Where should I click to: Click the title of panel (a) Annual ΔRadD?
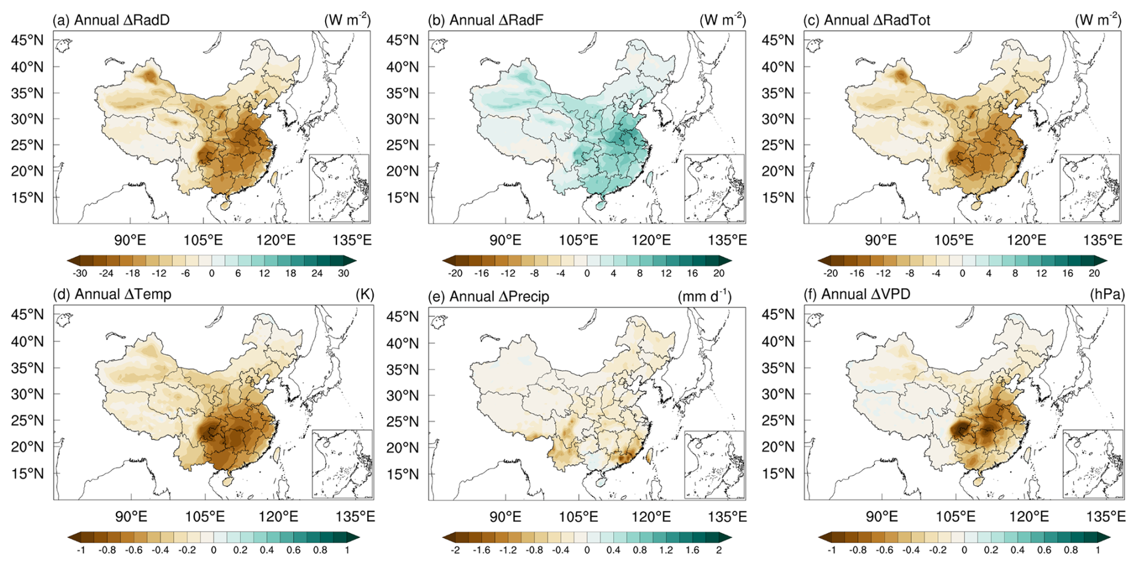tap(111, 20)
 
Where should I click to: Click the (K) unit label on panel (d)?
tap(365, 294)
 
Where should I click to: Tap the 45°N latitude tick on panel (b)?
tap(403, 40)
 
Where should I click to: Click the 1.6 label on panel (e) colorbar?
tap(692, 549)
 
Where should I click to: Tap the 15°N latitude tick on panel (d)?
tap(28, 473)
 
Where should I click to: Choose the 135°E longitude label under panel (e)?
tap(727, 516)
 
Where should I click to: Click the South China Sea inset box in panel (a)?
tap(339, 188)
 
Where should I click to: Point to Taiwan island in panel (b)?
tap(649, 178)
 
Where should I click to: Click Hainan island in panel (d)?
tap(227, 481)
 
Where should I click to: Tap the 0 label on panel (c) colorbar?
tap(962, 273)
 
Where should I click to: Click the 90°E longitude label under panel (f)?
tap(882, 516)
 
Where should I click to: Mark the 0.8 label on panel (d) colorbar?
tap(320, 549)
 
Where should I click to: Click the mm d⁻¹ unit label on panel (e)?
tap(704, 296)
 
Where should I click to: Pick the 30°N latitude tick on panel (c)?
tap(778, 119)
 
